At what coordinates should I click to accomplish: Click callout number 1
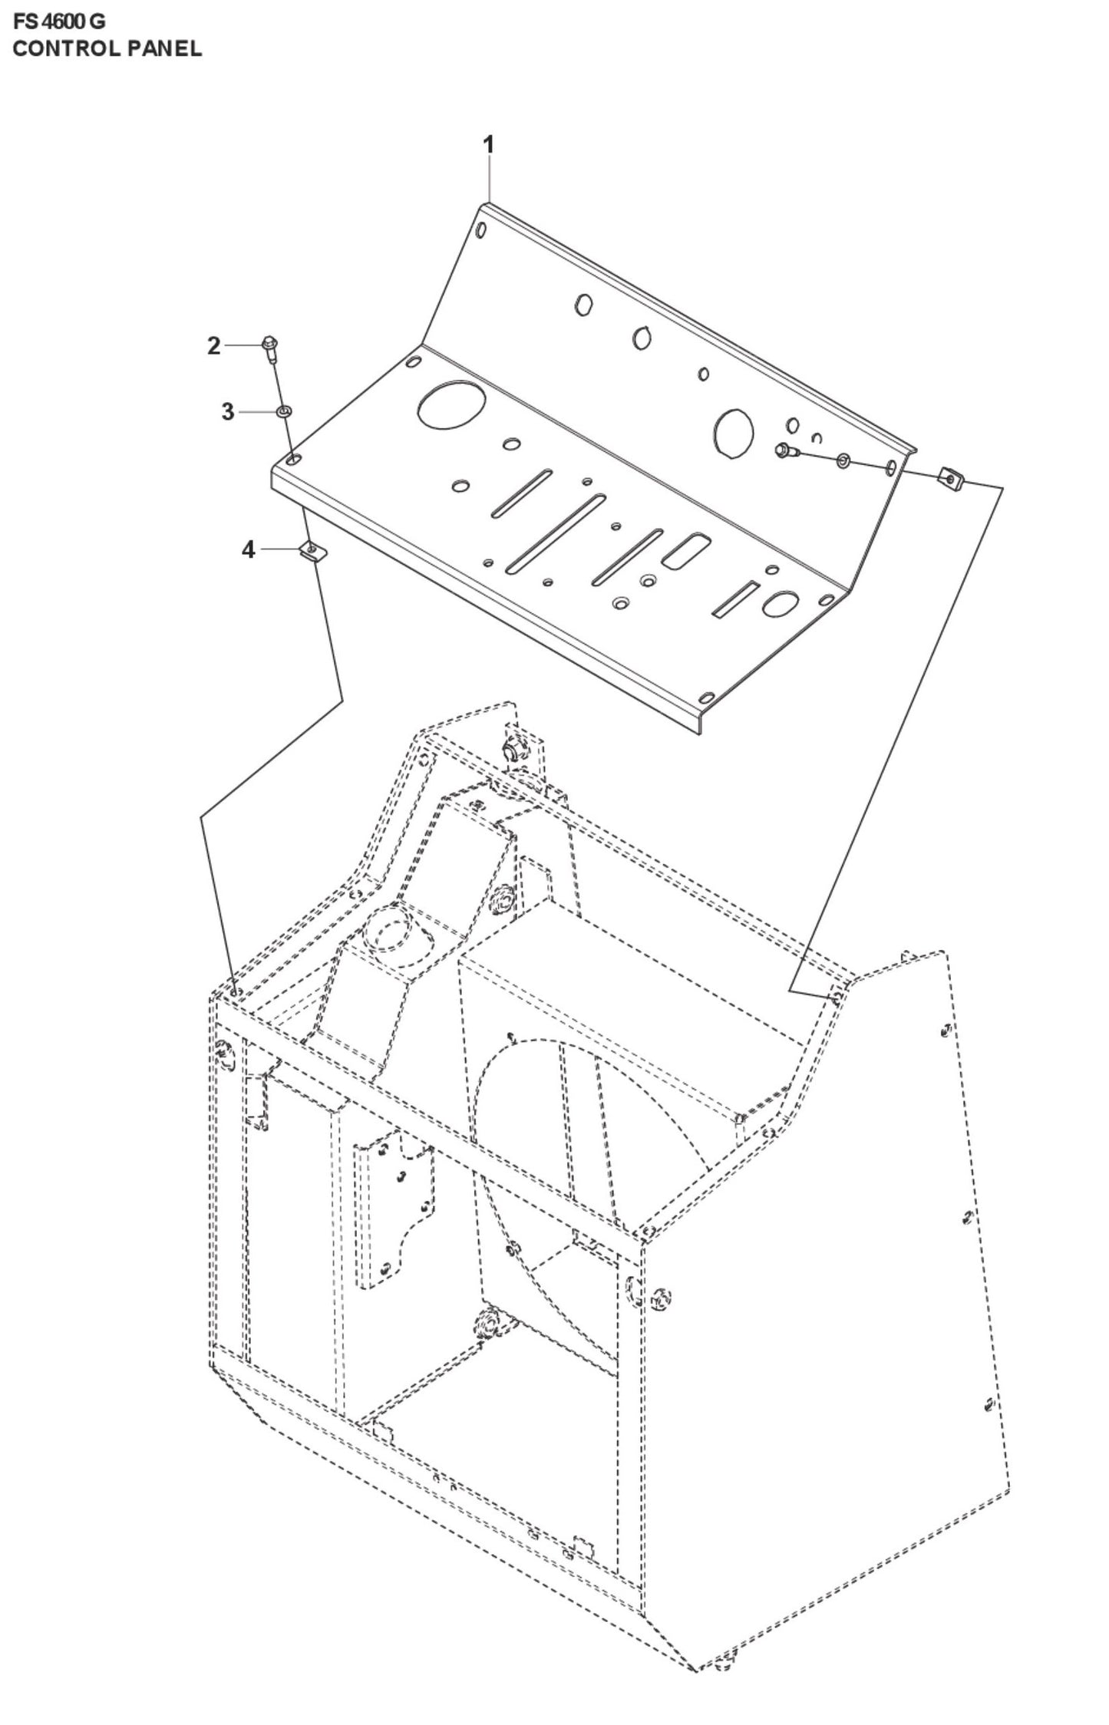pyautogui.click(x=488, y=144)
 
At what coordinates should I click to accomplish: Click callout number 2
pyautogui.click(x=213, y=346)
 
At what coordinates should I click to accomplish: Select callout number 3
pyautogui.click(x=227, y=412)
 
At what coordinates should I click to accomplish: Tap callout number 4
pyautogui.click(x=248, y=549)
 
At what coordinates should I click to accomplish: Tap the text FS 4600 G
pyautogui.click(x=59, y=21)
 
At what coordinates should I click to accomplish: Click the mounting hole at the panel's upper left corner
pyautogui.click(x=480, y=229)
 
